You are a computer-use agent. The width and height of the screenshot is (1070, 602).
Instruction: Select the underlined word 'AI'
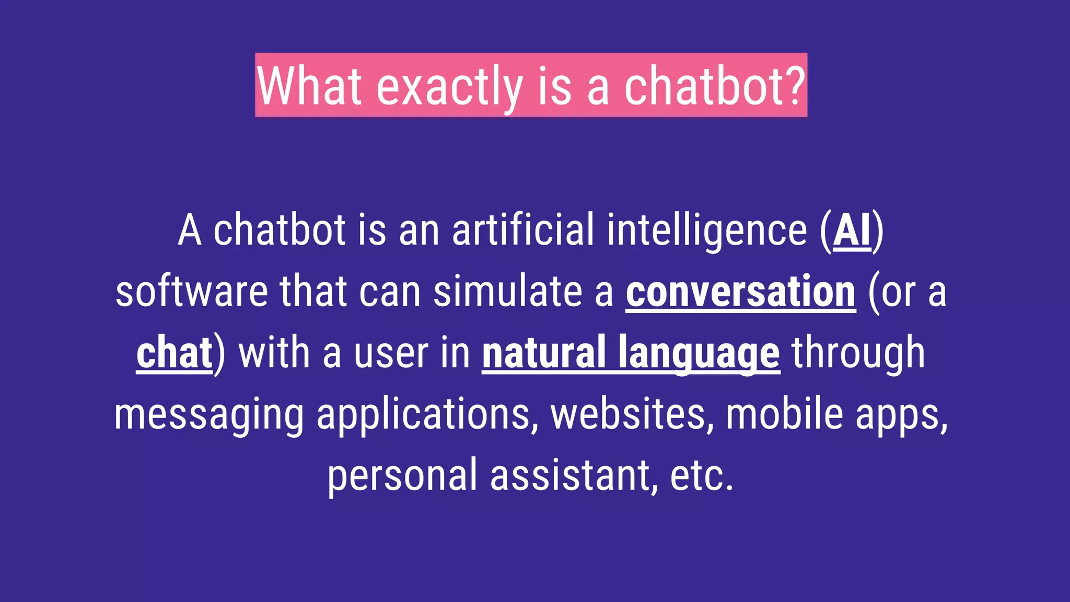852,230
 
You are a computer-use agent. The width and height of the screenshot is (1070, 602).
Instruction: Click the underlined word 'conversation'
740,292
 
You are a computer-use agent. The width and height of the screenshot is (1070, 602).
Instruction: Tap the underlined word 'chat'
175,353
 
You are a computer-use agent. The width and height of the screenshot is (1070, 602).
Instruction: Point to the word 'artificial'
522,230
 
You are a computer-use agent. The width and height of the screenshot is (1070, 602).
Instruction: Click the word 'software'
191,292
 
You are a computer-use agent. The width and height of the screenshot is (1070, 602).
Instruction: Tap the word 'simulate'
507,292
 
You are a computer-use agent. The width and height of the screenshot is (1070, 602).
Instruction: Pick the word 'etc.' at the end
702,476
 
